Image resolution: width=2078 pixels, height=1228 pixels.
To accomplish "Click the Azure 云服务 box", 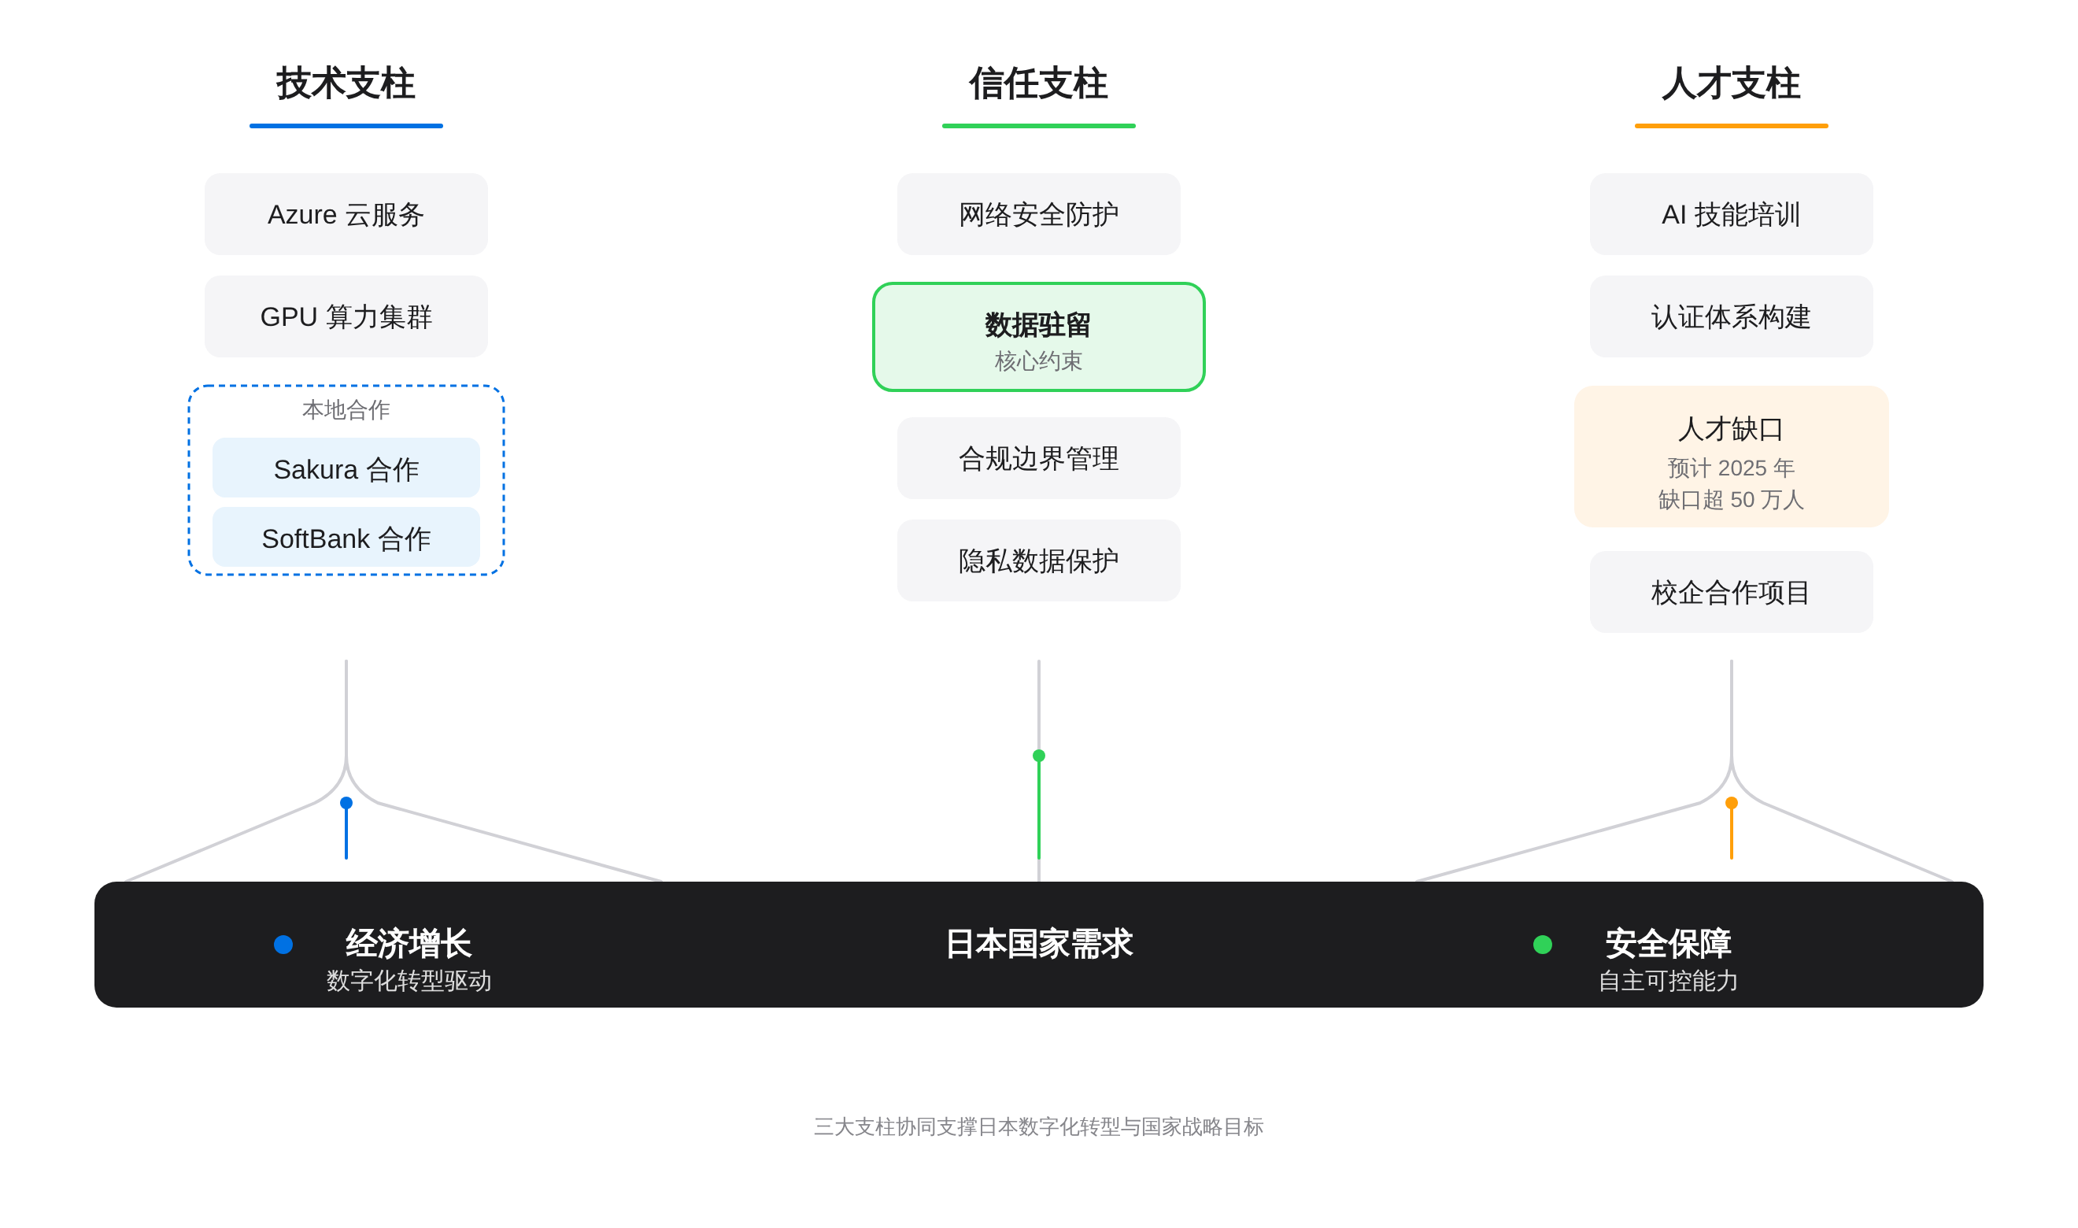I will [x=346, y=214].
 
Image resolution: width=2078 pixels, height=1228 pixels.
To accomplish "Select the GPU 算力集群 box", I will [x=346, y=317].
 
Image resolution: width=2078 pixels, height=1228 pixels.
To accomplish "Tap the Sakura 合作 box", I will [x=346, y=468].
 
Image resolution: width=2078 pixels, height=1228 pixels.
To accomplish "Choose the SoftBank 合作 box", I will [x=346, y=538].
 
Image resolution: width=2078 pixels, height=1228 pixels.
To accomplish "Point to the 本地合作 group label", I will [x=346, y=409].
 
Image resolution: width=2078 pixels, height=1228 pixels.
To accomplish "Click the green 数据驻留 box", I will [x=1038, y=337].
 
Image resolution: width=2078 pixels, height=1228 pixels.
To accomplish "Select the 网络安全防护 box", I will [x=1038, y=214].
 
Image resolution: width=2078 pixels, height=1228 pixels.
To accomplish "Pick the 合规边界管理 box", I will [x=1038, y=458].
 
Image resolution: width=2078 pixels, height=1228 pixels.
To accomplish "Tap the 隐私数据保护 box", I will [x=1038, y=561].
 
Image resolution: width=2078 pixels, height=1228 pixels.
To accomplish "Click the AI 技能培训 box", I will [x=1731, y=214].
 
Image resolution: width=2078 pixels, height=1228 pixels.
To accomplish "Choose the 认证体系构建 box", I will [x=1731, y=317].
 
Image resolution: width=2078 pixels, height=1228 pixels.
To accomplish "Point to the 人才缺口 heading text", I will [x=1731, y=430].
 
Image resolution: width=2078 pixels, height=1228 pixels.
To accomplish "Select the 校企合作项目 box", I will [x=1731, y=593].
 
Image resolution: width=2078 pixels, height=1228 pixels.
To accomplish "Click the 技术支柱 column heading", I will [x=346, y=83].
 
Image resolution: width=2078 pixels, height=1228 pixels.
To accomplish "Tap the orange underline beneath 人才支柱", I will [x=1731, y=126].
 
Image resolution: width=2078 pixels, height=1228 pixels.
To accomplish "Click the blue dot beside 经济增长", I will [x=283, y=944].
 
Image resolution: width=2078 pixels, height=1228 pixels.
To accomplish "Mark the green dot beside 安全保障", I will [x=1542, y=944].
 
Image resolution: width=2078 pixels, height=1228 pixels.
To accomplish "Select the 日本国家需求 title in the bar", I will [x=1038, y=944].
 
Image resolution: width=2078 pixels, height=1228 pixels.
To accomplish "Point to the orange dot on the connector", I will [x=1732, y=803].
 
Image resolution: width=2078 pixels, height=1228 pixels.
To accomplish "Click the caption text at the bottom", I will [x=1038, y=1127].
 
